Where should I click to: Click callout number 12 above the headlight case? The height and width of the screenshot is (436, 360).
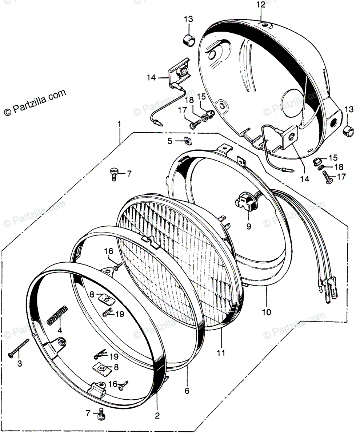pos(261,5)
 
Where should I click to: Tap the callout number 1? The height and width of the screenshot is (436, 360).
pos(119,125)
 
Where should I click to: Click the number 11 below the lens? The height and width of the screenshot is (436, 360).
pos(221,353)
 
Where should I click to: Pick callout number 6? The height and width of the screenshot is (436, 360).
pos(187,391)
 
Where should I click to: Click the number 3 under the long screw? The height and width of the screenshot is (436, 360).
pos(20,363)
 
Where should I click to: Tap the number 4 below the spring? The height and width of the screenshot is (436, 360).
pos(60,330)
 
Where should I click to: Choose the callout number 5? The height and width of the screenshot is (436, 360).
pos(170,141)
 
